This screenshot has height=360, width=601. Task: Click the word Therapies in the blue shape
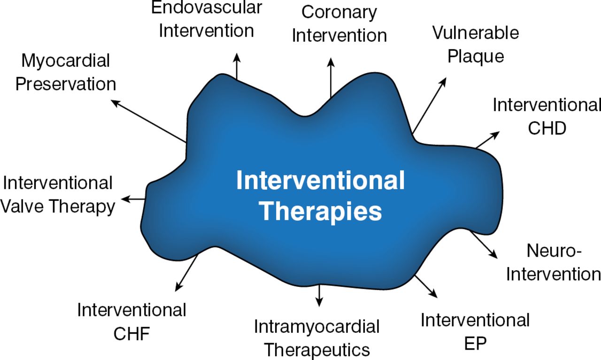321,212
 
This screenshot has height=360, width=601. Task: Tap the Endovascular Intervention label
207,20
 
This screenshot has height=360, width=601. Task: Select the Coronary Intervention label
339,23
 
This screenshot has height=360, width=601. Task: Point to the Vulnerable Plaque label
475,45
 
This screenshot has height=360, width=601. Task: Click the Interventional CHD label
547,116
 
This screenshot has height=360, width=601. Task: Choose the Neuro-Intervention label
553,262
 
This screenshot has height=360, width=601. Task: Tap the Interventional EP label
475,332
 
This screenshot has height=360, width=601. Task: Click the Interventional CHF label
131,322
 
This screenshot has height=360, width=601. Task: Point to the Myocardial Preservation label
66,72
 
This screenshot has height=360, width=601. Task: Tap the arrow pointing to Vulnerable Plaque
429,106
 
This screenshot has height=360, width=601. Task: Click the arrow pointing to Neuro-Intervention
484,244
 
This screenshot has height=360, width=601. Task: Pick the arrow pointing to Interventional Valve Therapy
133,199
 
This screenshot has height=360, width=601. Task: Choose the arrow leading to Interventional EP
426,286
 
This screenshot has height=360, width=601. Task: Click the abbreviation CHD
547,128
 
